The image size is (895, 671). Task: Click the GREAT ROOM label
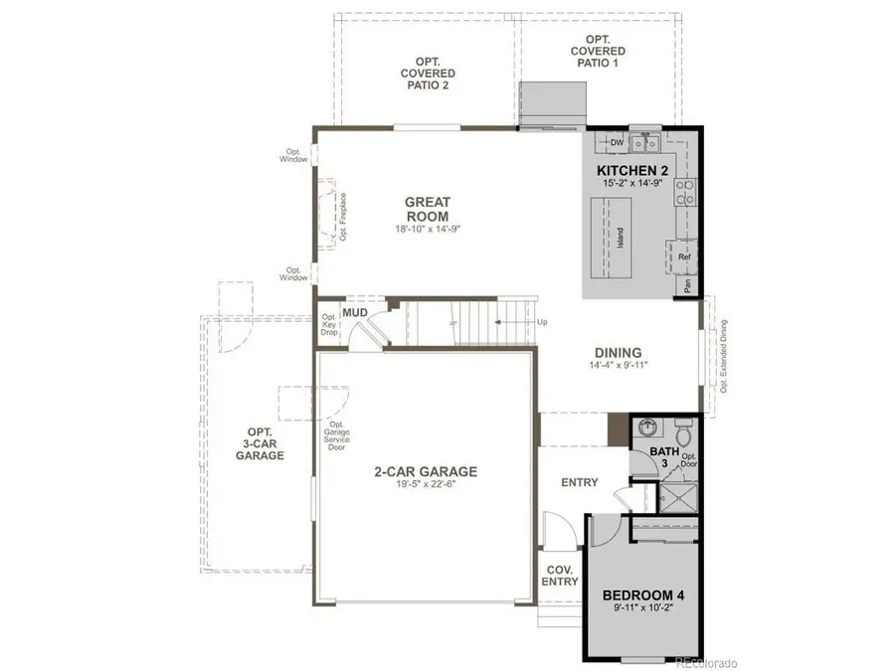pyautogui.click(x=427, y=209)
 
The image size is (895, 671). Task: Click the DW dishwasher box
pyautogui.click(x=617, y=143)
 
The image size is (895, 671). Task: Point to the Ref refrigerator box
pyautogui.click(x=684, y=257)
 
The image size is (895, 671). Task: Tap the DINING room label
pyautogui.click(x=617, y=353)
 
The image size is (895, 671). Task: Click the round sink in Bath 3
pyautogui.click(x=647, y=428)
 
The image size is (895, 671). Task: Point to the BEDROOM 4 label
pyautogui.click(x=644, y=596)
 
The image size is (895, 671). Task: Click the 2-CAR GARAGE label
pyautogui.click(x=427, y=471)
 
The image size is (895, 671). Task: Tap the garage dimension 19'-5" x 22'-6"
pyautogui.click(x=427, y=486)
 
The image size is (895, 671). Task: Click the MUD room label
pyautogui.click(x=355, y=313)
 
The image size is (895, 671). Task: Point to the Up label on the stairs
pyautogui.click(x=541, y=323)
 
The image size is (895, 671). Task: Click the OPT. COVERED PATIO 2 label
pyautogui.click(x=429, y=74)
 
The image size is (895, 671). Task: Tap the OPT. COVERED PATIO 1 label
pyautogui.click(x=598, y=51)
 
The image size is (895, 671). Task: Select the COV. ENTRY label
pyautogui.click(x=561, y=576)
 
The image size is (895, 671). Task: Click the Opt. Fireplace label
pyautogui.click(x=342, y=218)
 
